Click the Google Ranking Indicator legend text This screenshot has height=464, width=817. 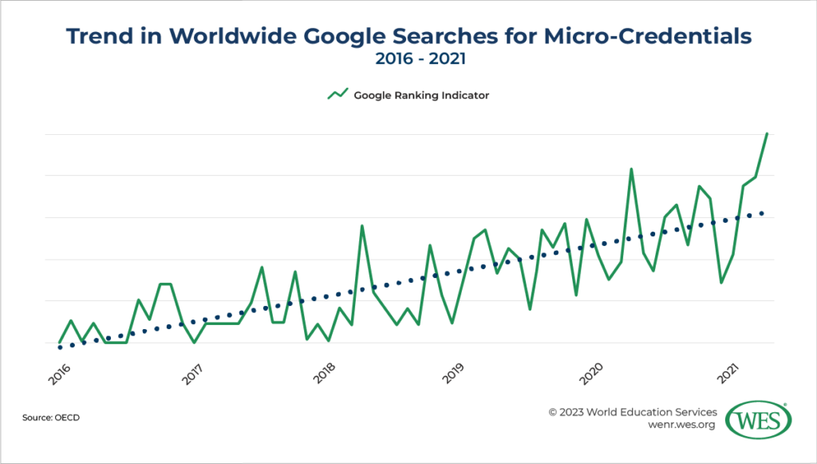click(x=420, y=95)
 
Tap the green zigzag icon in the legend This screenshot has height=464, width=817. click(x=337, y=95)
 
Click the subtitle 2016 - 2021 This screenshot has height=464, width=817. click(x=408, y=59)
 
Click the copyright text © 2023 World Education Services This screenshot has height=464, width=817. click(x=632, y=412)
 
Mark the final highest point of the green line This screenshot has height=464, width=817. click(x=767, y=134)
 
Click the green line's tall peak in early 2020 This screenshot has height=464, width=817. click(x=631, y=169)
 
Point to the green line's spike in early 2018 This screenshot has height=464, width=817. click(x=362, y=226)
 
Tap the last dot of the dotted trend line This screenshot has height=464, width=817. click(x=762, y=213)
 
